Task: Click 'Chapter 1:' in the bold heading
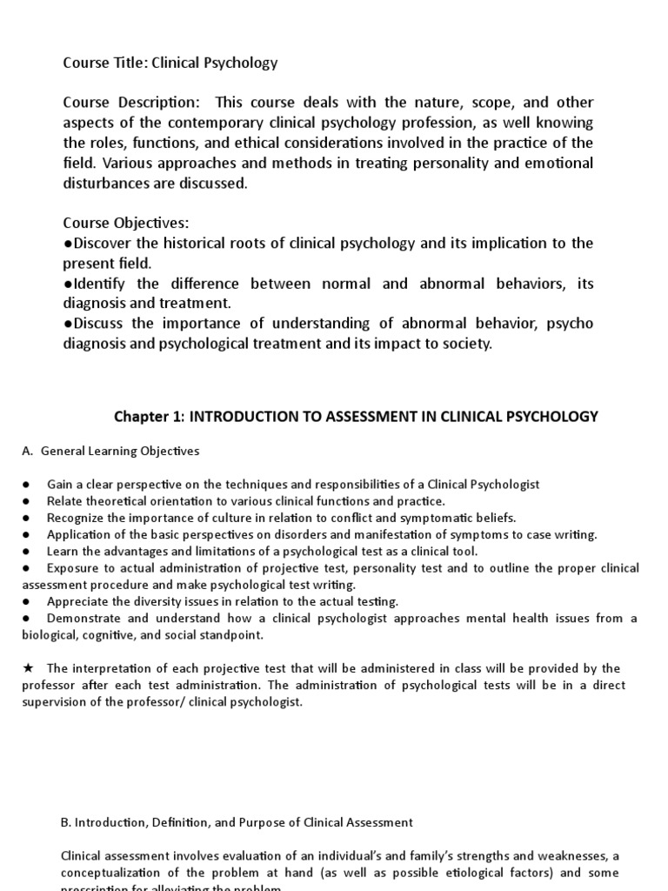click(150, 417)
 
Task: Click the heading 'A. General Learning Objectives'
click(110, 451)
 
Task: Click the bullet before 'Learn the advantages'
click(27, 552)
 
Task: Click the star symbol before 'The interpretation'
click(28, 668)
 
